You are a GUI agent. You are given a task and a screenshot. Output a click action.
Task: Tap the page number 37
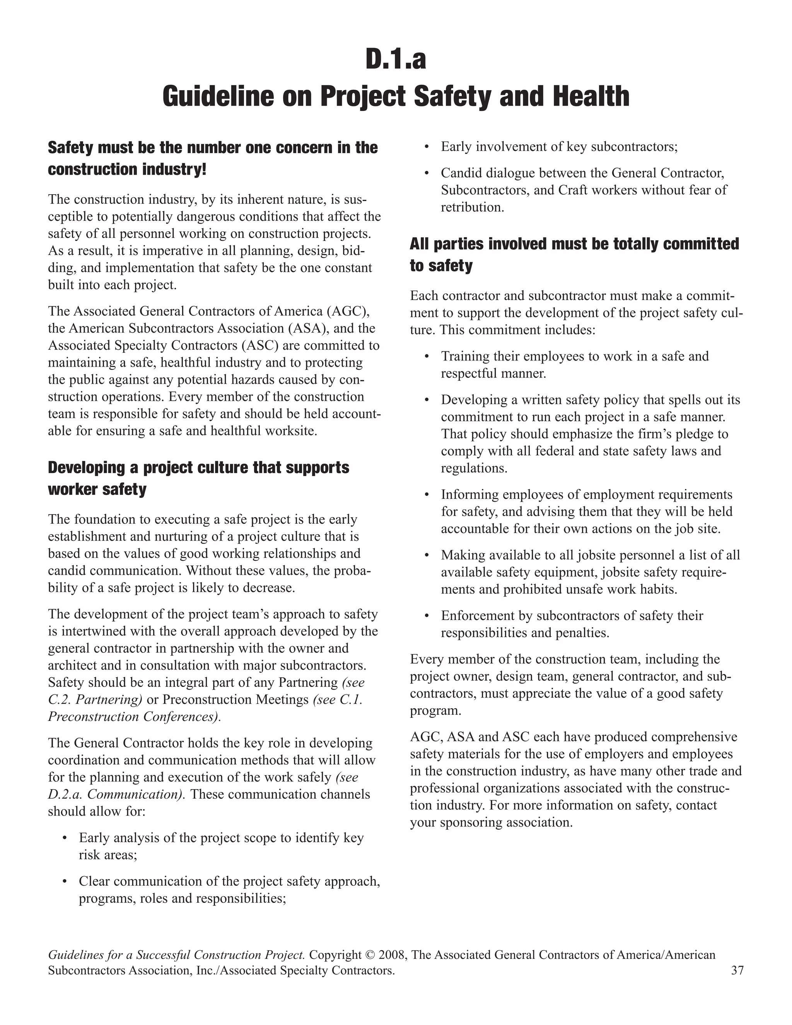[x=737, y=970]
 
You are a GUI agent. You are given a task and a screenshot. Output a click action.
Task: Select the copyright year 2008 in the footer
[x=391, y=955]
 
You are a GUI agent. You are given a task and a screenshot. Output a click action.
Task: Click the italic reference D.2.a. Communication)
[x=117, y=794]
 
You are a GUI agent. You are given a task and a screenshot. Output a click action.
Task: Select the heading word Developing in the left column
[x=86, y=468]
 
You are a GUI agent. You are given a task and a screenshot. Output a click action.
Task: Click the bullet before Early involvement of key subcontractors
[x=427, y=147]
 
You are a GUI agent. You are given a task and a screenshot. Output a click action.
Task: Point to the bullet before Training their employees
[x=427, y=357]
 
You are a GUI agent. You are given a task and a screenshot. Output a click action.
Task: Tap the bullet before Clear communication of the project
[x=64, y=882]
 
